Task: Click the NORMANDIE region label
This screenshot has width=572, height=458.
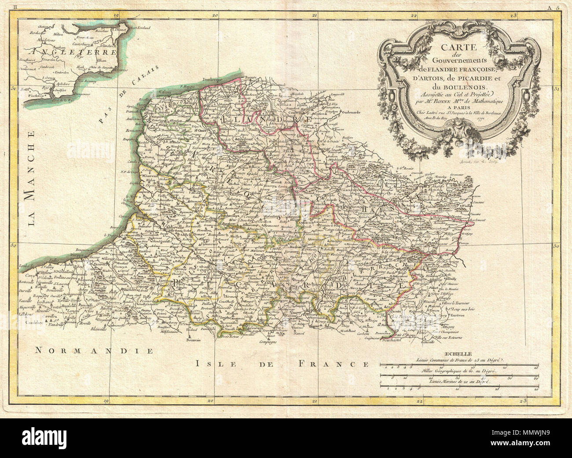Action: (93, 351)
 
